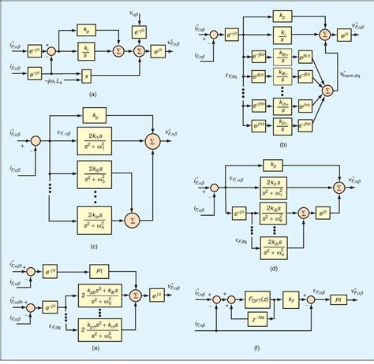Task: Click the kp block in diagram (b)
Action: tap(281, 15)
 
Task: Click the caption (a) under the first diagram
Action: tap(92, 93)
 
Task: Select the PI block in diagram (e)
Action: tap(99, 270)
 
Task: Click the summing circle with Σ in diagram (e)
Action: tap(135, 296)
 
